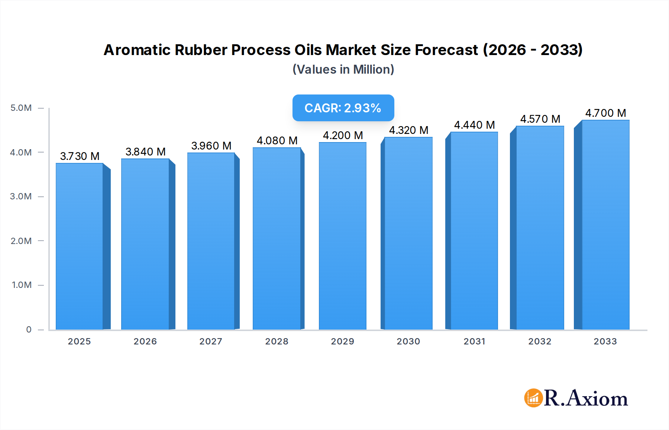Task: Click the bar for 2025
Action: tap(80, 246)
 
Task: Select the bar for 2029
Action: tap(343, 236)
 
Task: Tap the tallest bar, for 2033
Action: tap(605, 225)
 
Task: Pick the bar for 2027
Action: tap(211, 241)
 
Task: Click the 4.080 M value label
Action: tap(277, 141)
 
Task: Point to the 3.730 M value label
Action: tap(80, 156)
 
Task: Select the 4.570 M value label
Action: tap(540, 119)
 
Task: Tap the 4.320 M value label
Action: tap(408, 130)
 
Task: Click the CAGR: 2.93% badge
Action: tap(343, 108)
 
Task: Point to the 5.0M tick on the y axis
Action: tap(21, 108)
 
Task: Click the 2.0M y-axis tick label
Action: tap(21, 241)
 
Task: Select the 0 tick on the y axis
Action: tap(29, 330)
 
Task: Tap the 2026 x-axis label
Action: tap(145, 341)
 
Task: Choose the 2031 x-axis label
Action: tap(474, 341)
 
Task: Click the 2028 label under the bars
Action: tap(277, 341)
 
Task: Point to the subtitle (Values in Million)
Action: tap(343, 70)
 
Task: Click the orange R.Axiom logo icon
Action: tap(533, 398)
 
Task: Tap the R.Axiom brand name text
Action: tap(586, 398)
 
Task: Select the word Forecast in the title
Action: tap(446, 50)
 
